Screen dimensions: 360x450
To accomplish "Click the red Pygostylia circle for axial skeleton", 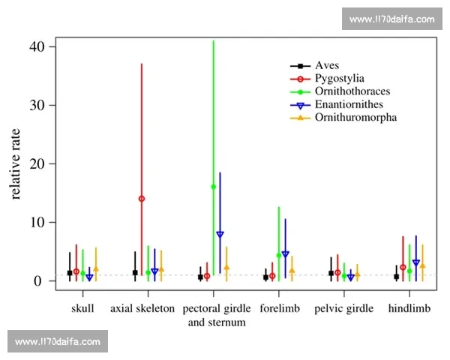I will click(x=141, y=199).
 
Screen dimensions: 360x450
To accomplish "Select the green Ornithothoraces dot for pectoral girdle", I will click(x=214, y=187).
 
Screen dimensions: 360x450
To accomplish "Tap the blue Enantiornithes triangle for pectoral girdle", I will click(x=220, y=235).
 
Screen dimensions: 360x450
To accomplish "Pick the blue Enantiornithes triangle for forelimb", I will click(x=285, y=254).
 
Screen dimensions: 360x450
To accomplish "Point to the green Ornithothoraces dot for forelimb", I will click(x=279, y=255).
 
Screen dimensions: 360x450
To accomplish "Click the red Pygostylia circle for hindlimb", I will click(x=403, y=267).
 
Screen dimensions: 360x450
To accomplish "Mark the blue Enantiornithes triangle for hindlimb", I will click(x=416, y=263).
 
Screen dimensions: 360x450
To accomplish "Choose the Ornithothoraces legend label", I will click(x=352, y=91).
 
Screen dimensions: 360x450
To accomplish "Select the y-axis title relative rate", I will click(x=17, y=163).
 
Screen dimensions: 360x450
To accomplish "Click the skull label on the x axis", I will click(x=82, y=308).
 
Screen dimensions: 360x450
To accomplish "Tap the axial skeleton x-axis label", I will click(x=142, y=308).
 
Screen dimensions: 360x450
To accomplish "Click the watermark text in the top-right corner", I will click(x=392, y=19).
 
